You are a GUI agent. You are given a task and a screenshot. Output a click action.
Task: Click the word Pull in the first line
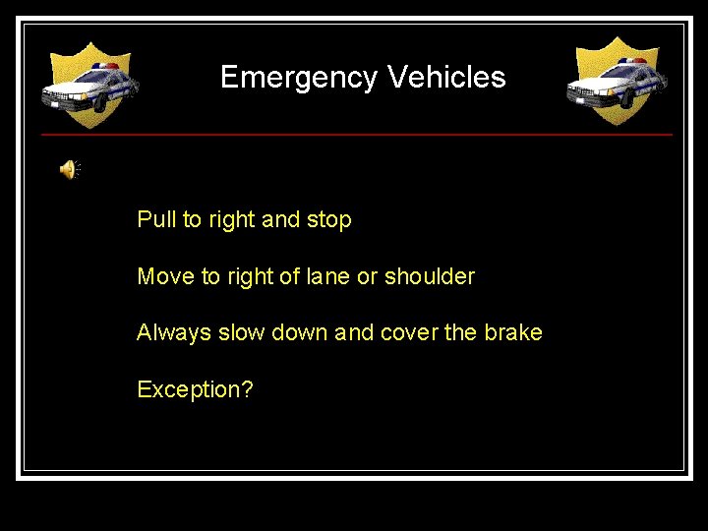[x=154, y=219]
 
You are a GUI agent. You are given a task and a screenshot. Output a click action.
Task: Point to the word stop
[x=328, y=219]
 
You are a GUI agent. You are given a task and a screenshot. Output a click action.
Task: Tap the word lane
[x=328, y=276]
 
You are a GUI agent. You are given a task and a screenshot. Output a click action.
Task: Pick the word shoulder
[x=430, y=276]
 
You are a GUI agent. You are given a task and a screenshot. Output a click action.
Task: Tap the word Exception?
[x=195, y=390]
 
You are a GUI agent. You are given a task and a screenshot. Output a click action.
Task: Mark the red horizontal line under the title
[x=356, y=134]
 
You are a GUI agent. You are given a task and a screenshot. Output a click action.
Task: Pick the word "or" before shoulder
[x=367, y=277]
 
